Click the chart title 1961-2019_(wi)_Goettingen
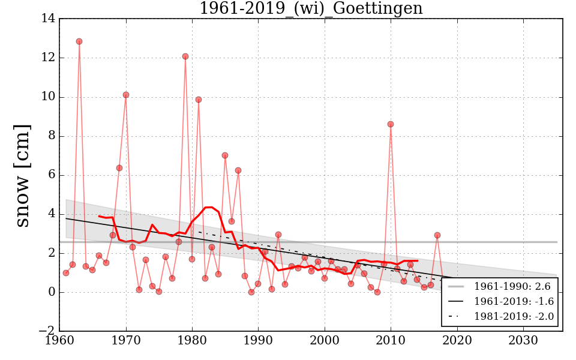pos(311,9)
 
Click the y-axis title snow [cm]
pos(22,175)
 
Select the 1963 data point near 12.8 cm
pos(79,41)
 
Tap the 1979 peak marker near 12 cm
pos(185,56)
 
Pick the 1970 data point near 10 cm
pos(126,95)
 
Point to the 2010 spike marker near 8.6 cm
pos(391,124)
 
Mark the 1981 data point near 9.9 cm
pos(199,100)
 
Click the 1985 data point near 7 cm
pos(225,155)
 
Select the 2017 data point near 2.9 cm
pos(437,235)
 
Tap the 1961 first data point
pos(66,273)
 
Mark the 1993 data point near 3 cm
pos(278,235)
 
